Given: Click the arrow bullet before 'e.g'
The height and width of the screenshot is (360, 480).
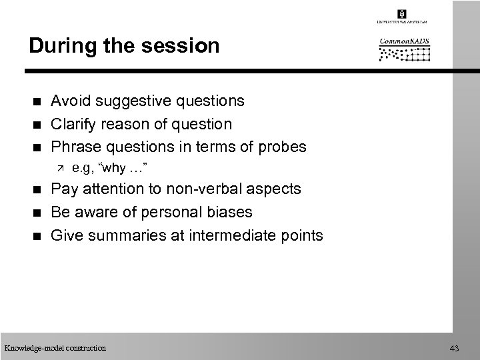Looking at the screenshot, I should tap(58, 167).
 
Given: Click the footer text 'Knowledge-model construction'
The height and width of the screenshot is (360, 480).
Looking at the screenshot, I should tap(55, 347).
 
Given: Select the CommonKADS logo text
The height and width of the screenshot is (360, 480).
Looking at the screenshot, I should tap(404, 41).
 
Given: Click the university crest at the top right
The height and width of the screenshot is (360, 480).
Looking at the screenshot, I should tap(402, 13).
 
